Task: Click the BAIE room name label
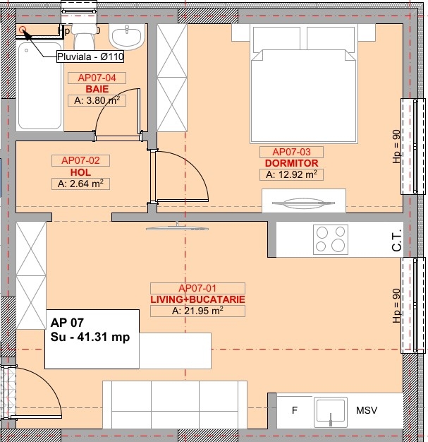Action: [x=97, y=89]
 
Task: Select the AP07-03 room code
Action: [x=291, y=152]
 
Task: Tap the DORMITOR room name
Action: [x=291, y=163]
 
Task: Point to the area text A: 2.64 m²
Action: [x=80, y=184]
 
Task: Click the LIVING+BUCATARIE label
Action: [x=197, y=299]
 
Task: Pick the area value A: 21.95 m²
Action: [x=197, y=311]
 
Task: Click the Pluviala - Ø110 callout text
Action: [x=90, y=56]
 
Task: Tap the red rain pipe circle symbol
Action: [x=23, y=30]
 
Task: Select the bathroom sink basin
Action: [x=127, y=37]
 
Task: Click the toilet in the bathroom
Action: [x=83, y=34]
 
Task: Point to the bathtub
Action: [x=39, y=85]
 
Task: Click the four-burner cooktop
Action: [x=331, y=239]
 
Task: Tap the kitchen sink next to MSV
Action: [x=331, y=412]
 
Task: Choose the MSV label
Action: [x=367, y=410]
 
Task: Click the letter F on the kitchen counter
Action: [x=295, y=410]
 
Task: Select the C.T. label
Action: [x=396, y=240]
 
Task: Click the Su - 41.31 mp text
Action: [x=90, y=337]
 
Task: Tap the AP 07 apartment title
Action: [x=67, y=323]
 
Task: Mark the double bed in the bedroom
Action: [x=303, y=83]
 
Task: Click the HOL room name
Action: [x=80, y=172]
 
